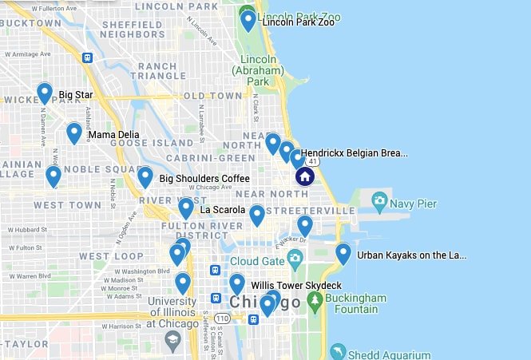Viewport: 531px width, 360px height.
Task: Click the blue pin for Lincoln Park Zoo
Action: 248,19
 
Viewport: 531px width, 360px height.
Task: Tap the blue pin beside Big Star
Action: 45,93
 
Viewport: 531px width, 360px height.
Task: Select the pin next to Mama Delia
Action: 74,132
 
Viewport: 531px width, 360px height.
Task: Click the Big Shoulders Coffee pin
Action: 145,176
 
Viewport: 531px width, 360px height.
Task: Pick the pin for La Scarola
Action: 186,208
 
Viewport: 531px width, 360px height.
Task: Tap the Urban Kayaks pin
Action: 343,253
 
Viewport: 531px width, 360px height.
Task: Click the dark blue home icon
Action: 304,176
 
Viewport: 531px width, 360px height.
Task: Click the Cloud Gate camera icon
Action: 295,259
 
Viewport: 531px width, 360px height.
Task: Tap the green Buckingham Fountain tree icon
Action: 315,300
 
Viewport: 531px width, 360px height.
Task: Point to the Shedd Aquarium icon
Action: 339,352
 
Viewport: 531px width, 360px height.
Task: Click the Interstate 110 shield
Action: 222,318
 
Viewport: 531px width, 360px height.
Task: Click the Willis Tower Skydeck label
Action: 295,285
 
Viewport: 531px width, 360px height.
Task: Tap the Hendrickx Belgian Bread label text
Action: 354,152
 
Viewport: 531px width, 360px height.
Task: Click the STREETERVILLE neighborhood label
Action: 311,210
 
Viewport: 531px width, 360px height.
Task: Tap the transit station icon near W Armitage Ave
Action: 87,57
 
